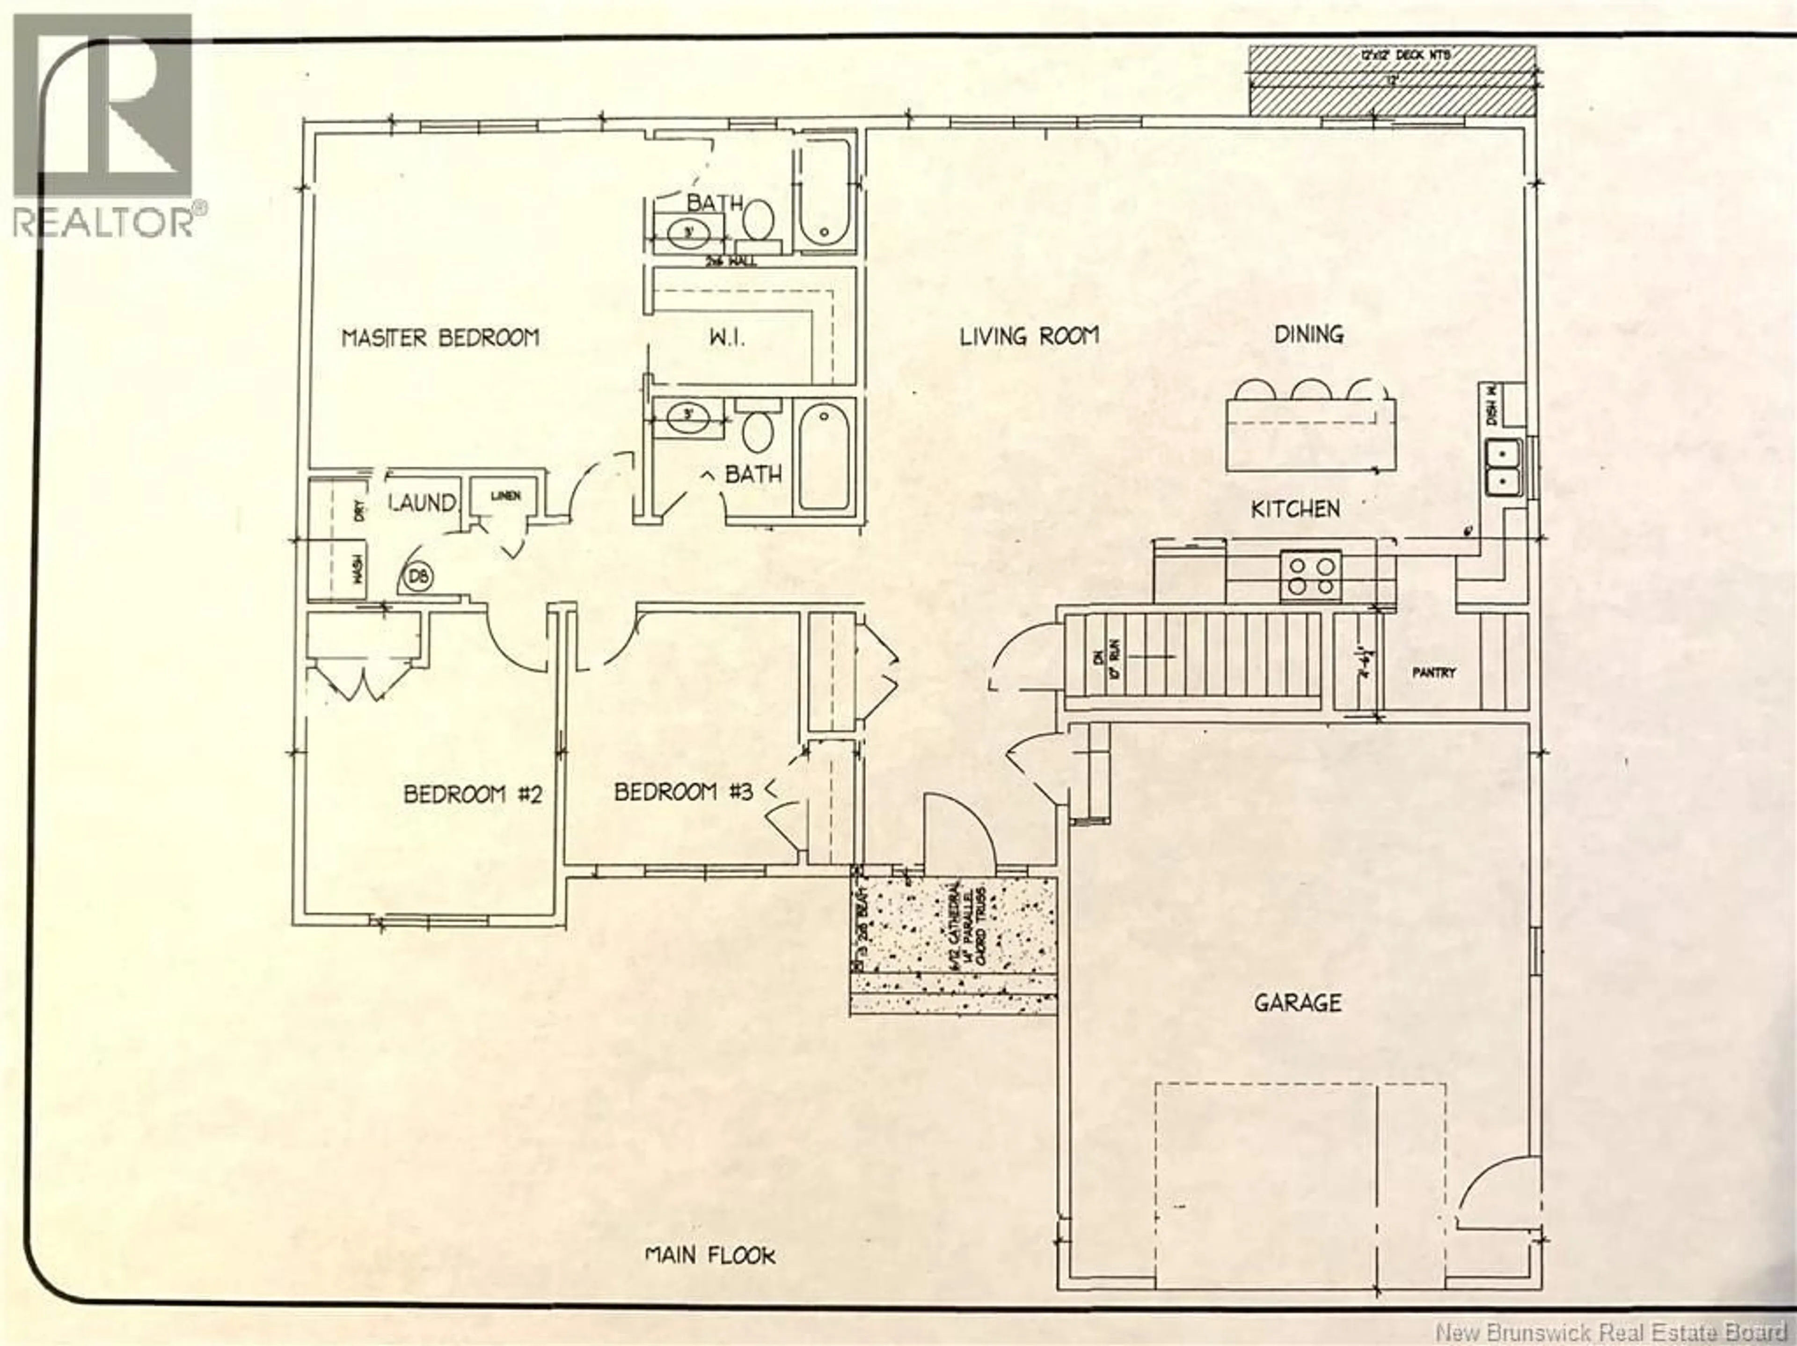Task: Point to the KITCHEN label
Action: tap(1295, 509)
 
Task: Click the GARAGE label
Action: tap(1297, 1002)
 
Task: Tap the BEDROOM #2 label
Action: tap(472, 794)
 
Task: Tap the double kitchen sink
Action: tap(1503, 467)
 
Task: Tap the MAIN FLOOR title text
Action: tap(710, 1256)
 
